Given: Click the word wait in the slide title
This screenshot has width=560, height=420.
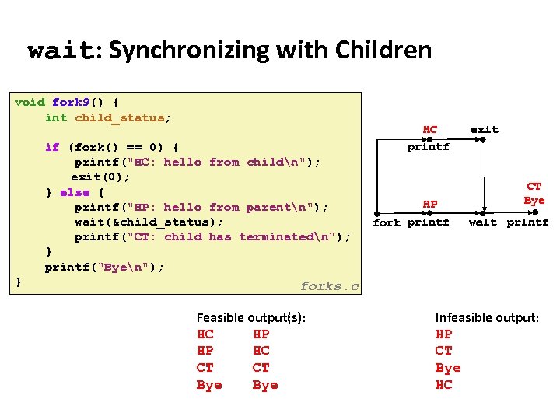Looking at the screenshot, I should click(x=60, y=51).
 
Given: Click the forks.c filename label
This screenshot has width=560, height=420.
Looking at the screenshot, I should click(x=330, y=286).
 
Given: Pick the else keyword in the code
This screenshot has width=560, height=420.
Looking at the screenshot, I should click(x=75, y=192).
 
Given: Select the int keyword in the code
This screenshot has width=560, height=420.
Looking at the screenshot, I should click(x=56, y=117).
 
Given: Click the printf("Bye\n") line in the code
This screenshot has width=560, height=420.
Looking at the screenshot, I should click(x=104, y=267).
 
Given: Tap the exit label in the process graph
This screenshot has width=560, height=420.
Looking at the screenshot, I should click(x=484, y=129).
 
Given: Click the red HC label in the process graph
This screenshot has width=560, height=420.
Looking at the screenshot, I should click(x=429, y=129).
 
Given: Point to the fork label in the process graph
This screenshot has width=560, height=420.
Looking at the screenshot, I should click(x=387, y=222).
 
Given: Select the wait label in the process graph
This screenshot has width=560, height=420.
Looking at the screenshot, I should click(x=482, y=222).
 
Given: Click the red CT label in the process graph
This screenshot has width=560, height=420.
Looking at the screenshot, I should click(x=534, y=187).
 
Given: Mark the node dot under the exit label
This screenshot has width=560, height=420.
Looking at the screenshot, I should click(x=483, y=140).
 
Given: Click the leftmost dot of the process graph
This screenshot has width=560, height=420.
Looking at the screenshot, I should click(x=377, y=212).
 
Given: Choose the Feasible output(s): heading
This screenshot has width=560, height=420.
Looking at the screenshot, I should click(x=250, y=317).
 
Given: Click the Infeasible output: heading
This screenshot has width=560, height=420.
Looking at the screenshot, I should click(x=486, y=317).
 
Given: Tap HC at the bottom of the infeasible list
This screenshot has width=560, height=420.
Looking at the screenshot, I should click(x=444, y=385).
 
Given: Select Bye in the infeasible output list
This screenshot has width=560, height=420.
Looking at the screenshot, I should click(x=448, y=368).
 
